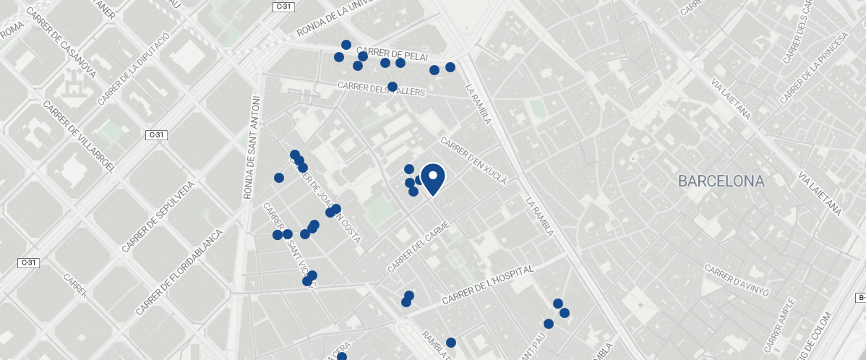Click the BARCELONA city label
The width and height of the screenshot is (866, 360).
[721, 181]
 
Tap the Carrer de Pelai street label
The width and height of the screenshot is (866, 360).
[393, 55]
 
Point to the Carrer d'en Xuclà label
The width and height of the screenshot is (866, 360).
[473, 160]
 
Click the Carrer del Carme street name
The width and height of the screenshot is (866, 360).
[419, 247]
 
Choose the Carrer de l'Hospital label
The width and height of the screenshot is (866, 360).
[488, 285]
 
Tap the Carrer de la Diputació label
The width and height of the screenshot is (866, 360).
[134, 68]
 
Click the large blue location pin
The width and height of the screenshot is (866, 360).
[432, 178]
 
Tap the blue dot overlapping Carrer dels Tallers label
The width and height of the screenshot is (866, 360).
[393, 87]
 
